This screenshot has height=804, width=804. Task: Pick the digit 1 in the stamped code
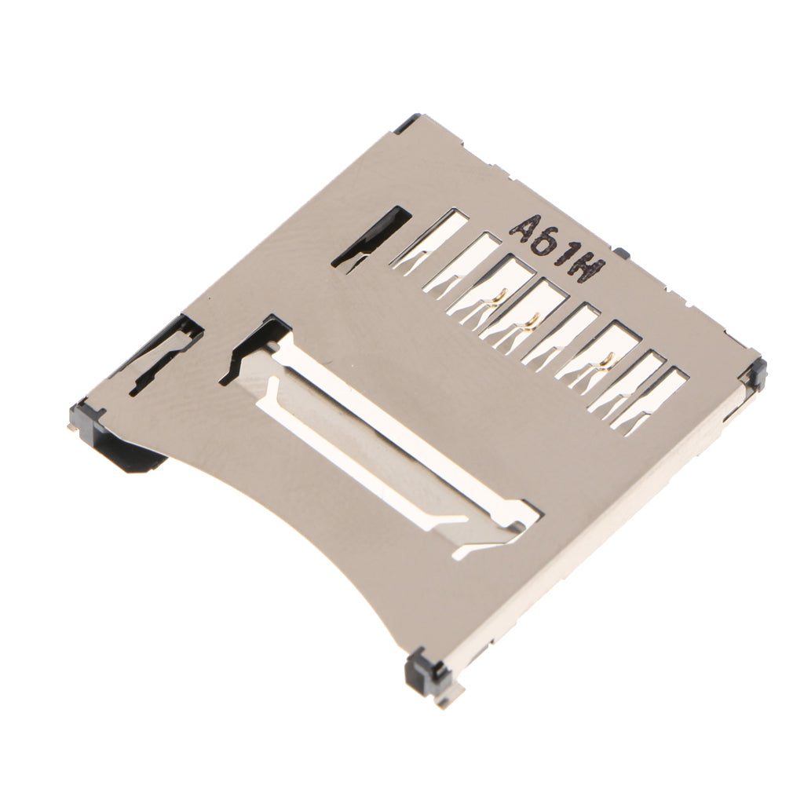[565, 255]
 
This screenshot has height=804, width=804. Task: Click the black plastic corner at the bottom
[425, 671]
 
